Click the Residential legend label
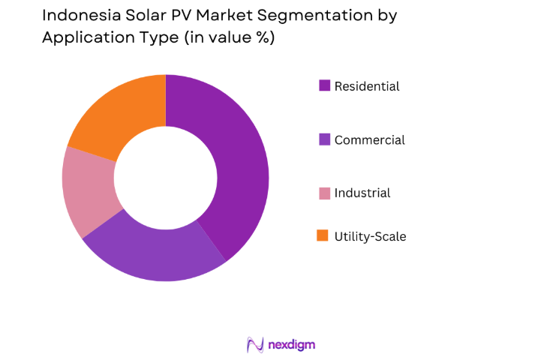[x=367, y=86]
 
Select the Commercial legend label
[x=369, y=139]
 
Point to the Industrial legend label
[x=362, y=193]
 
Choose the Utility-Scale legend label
[x=370, y=236]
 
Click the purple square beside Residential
[x=324, y=85]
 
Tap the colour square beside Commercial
[x=324, y=139]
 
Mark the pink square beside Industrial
[x=324, y=193]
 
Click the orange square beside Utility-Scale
[x=324, y=235]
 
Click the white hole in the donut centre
[x=165, y=178]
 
